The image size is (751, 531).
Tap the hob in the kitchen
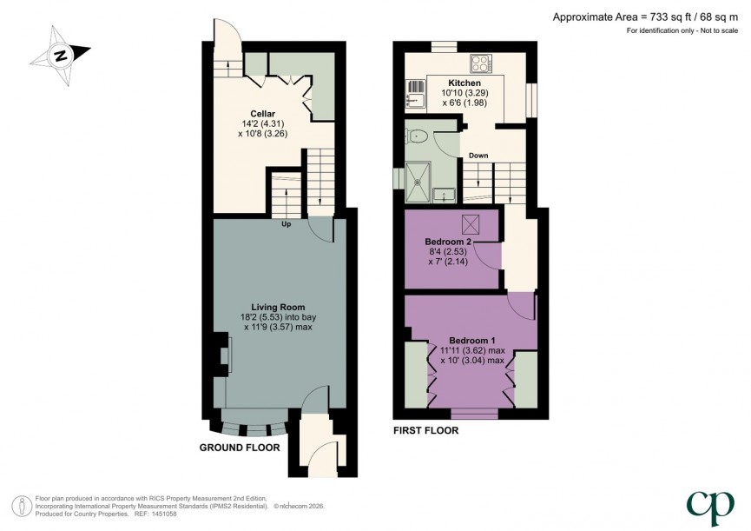(x=481, y=63)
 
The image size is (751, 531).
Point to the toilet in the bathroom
(x=419, y=136)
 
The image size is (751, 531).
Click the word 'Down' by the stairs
(x=478, y=156)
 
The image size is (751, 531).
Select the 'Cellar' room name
(x=263, y=114)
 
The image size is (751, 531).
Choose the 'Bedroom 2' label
(x=448, y=242)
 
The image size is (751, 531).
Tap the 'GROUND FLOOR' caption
(x=240, y=448)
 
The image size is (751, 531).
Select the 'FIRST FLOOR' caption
(x=425, y=430)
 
